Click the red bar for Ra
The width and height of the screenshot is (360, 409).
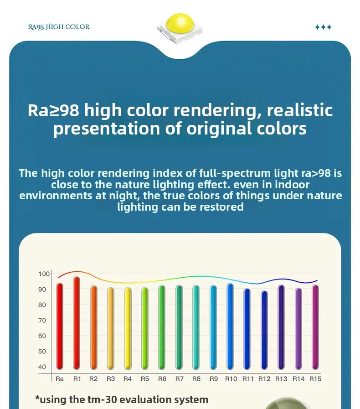(x=60, y=326)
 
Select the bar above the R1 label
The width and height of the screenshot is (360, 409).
(x=77, y=323)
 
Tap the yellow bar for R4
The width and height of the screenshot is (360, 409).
(x=128, y=328)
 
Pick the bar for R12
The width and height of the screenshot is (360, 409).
(x=264, y=330)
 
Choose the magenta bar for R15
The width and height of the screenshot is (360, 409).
(x=315, y=327)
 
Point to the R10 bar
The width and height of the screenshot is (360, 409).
(x=230, y=326)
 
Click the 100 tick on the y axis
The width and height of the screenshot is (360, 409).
(x=44, y=274)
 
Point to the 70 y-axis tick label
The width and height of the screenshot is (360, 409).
(x=42, y=320)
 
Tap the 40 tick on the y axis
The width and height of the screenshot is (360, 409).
(x=42, y=367)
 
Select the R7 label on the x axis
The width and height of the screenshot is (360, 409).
(x=180, y=379)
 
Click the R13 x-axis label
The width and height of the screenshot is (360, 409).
(x=281, y=379)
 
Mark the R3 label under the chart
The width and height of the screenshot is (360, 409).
(x=111, y=379)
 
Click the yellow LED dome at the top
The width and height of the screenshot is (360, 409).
(x=180, y=23)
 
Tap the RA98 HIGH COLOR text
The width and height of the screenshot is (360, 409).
(x=59, y=27)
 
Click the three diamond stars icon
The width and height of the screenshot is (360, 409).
(x=323, y=27)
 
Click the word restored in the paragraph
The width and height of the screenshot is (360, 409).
(x=221, y=207)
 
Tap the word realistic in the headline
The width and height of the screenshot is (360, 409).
(x=300, y=110)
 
